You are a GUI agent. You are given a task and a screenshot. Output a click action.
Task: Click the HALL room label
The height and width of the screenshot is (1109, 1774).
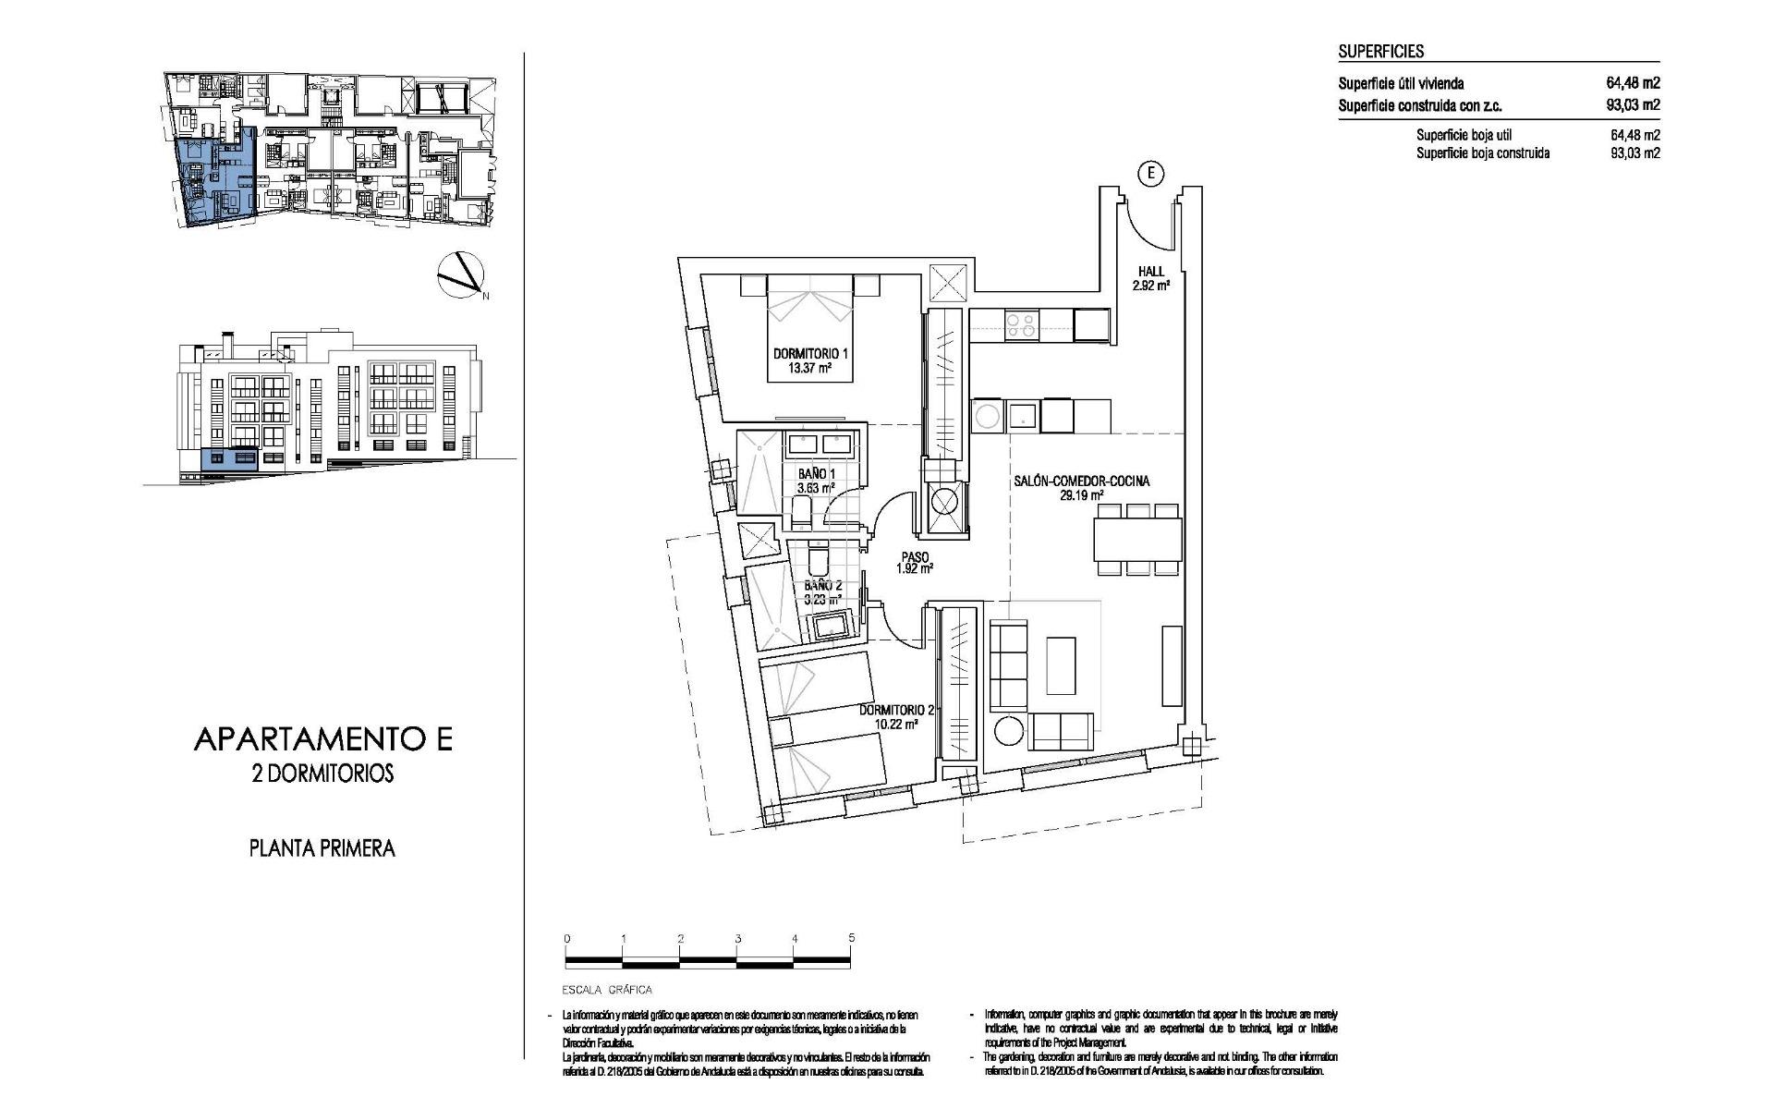point(1151,272)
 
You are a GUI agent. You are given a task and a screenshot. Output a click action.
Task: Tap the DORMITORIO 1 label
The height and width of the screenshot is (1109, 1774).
point(810,354)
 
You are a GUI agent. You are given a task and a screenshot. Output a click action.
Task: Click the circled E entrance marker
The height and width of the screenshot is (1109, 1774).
point(1150,172)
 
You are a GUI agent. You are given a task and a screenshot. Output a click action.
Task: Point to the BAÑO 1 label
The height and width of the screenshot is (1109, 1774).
point(816,474)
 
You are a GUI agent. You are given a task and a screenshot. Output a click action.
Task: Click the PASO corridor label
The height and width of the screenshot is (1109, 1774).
point(914,557)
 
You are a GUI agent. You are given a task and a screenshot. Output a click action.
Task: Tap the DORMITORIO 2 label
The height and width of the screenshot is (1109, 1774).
point(896,710)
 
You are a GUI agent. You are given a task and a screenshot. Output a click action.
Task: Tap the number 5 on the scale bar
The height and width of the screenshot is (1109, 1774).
point(851,938)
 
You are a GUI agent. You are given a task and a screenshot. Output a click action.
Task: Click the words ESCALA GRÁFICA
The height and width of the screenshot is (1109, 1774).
point(607,990)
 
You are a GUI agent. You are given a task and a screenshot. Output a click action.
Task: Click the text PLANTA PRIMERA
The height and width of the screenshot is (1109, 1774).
point(322,847)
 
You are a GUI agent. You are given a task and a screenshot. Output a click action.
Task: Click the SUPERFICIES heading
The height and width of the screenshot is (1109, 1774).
point(1380,52)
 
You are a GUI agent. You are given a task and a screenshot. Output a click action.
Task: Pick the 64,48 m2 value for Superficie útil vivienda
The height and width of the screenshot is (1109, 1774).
point(1633,83)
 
